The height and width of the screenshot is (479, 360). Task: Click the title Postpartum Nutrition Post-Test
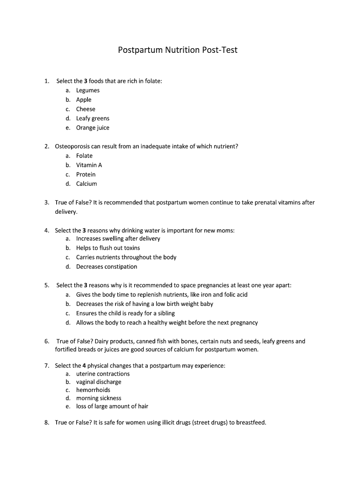click(x=178, y=50)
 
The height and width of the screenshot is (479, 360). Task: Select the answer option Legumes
click(x=88, y=90)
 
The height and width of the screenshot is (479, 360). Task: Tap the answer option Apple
click(x=84, y=100)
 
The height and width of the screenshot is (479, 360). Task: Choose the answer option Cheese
click(x=86, y=109)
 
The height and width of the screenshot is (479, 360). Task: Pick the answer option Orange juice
click(x=93, y=128)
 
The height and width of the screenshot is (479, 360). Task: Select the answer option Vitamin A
click(x=89, y=165)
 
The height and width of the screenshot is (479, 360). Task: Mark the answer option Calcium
click(x=86, y=184)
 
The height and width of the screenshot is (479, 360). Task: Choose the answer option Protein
click(x=86, y=174)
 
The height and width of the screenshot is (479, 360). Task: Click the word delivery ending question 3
click(x=65, y=212)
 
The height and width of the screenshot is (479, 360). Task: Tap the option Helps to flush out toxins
click(x=108, y=248)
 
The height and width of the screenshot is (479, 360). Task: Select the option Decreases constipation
click(x=107, y=267)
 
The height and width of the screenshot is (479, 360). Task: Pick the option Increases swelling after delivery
click(x=118, y=239)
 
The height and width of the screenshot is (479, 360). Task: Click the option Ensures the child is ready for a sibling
click(x=125, y=313)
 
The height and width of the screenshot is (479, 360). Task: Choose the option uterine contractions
click(x=103, y=374)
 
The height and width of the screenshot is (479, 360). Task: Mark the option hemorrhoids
click(x=93, y=390)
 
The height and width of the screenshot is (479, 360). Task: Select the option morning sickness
click(x=99, y=398)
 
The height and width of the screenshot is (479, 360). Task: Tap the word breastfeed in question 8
click(x=250, y=422)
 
